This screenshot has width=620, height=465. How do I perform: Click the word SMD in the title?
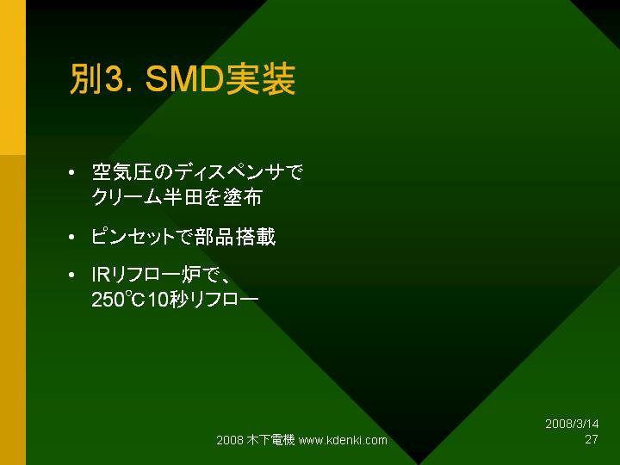tap(185, 79)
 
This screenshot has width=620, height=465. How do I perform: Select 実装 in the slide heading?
tap(260, 79)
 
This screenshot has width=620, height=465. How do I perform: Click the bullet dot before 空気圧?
tap(71, 173)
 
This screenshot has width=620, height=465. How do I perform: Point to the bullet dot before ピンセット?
tap(71, 238)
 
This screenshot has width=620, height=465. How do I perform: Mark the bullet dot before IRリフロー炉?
tap(71, 275)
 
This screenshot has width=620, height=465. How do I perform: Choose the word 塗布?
tap(242, 196)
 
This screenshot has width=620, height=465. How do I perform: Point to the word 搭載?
tap(256, 237)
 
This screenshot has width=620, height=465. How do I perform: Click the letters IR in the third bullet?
tap(101, 275)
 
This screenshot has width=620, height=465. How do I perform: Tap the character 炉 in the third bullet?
tap(191, 275)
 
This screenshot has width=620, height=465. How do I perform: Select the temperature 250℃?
tap(118, 300)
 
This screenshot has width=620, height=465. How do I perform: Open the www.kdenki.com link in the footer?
tap(343, 440)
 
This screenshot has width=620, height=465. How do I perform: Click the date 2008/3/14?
tap(572, 424)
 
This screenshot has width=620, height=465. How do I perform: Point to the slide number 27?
tap(592, 439)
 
